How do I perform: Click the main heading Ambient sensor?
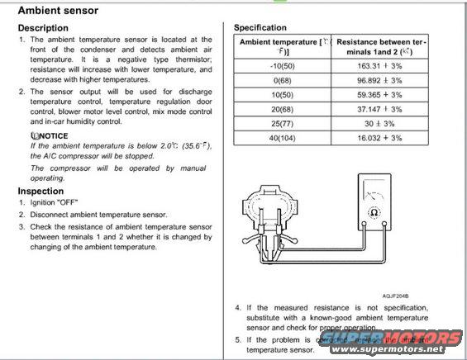(58, 11)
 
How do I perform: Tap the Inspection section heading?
(41, 191)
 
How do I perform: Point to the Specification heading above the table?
(260, 27)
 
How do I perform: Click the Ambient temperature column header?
(280, 45)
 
